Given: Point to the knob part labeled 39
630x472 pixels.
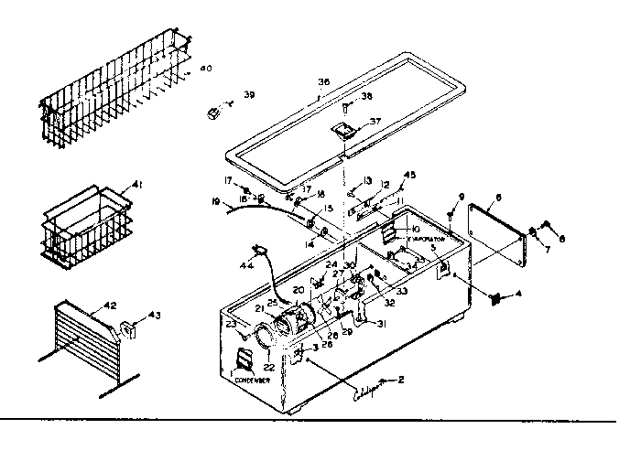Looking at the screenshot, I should (217, 113).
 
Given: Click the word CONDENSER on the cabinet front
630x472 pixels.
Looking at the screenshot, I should (251, 380).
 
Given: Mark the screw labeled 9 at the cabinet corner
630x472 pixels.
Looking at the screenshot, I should (451, 216).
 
